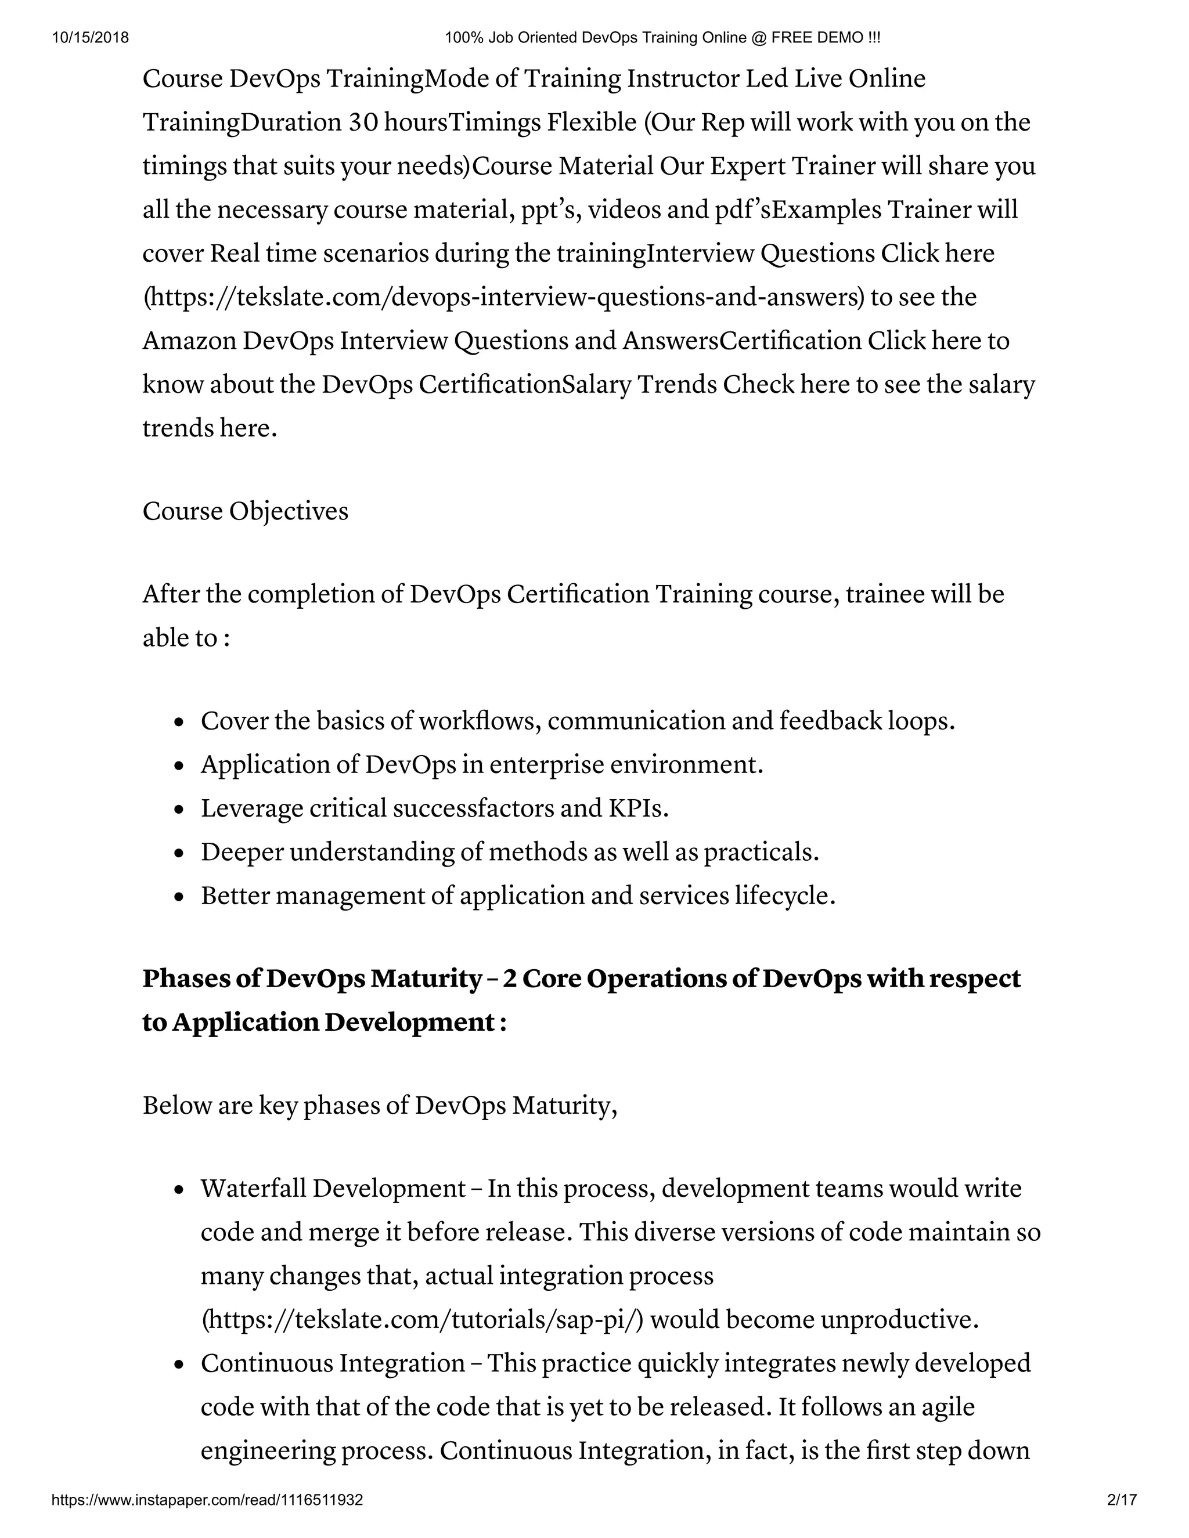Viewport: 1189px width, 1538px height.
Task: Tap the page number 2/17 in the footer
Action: (x=1122, y=1500)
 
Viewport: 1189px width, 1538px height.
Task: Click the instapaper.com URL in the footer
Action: (x=207, y=1500)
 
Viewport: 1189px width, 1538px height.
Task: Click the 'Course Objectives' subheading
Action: (x=245, y=511)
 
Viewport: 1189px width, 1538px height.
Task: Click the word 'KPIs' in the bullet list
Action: (x=637, y=808)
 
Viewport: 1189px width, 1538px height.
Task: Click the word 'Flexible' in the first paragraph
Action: (x=592, y=122)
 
